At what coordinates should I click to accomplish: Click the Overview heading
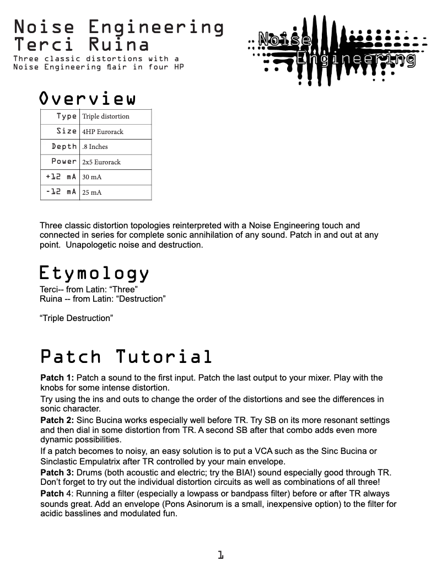click(x=87, y=99)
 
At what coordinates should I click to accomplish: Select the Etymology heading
click(x=94, y=273)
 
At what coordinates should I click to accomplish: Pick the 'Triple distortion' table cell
click(x=106, y=116)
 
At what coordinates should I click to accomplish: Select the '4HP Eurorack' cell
click(x=103, y=132)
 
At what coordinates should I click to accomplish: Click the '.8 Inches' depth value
click(x=95, y=147)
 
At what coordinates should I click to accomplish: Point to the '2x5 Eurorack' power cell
click(x=101, y=162)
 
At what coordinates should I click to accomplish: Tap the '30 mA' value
click(x=92, y=177)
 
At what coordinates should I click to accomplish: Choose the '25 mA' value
click(x=92, y=193)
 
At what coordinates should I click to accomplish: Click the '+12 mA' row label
click(x=61, y=177)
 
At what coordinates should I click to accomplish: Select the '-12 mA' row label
click(x=61, y=192)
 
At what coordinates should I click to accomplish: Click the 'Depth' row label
click(x=64, y=146)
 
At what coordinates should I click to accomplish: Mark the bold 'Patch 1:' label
click(x=57, y=378)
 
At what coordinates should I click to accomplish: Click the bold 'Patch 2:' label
click(x=57, y=420)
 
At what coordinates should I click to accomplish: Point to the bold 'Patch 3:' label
click(x=57, y=473)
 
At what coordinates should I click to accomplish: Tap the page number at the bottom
click(x=220, y=555)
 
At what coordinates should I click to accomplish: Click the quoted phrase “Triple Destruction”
click(x=76, y=318)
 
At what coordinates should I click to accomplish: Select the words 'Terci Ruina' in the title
click(x=81, y=44)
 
